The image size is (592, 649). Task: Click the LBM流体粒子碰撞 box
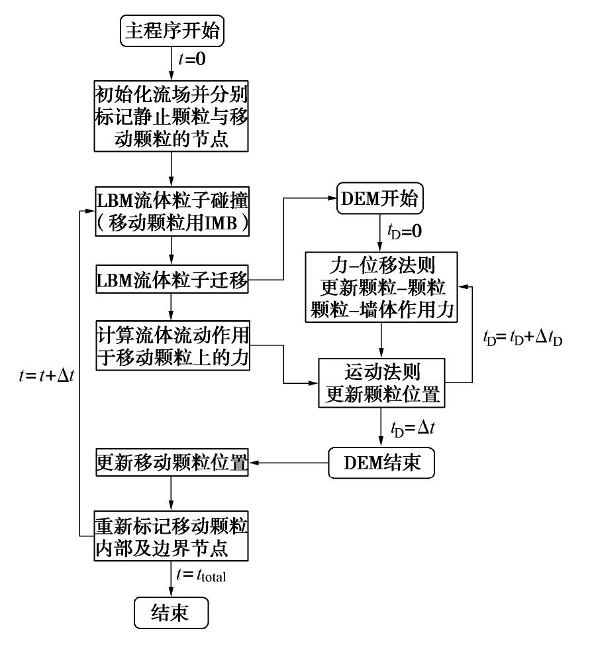(x=172, y=210)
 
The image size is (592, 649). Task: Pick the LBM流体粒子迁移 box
(x=172, y=282)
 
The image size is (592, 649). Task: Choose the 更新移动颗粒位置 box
(x=172, y=463)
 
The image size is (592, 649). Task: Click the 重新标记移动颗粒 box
(x=172, y=536)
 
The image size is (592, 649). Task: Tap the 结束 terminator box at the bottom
(x=172, y=612)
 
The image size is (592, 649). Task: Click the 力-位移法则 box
(x=382, y=286)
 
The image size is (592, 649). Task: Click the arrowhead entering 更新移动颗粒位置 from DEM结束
(x=256, y=464)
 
